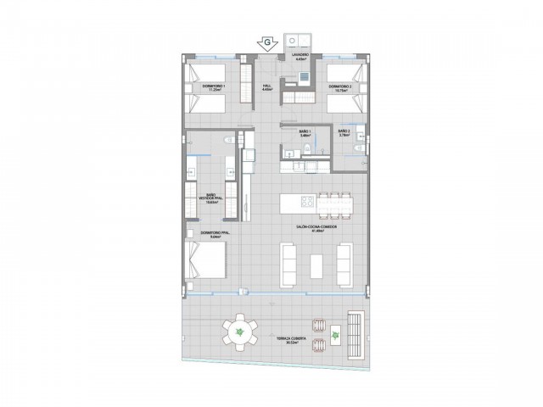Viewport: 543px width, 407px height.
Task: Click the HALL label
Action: [266, 86]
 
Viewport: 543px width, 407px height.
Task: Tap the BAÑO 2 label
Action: [344, 133]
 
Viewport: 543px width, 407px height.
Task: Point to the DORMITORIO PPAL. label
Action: [216, 233]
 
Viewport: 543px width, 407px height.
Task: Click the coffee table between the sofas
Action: [316, 265]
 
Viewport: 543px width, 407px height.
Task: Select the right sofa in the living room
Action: [343, 265]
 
